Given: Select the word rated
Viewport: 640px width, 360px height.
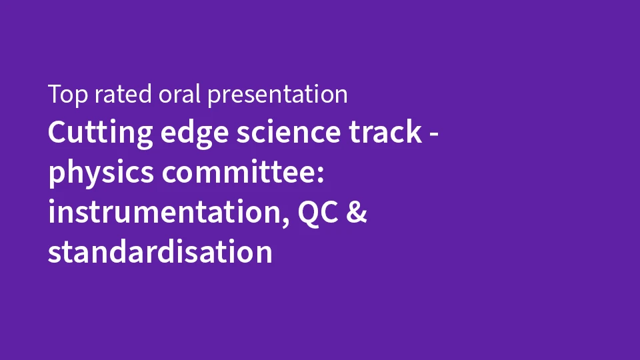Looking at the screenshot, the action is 123,94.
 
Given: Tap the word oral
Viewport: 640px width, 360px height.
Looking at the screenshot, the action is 179,94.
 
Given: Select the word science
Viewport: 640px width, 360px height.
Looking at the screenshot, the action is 289,131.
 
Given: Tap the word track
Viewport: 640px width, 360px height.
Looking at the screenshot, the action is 385,131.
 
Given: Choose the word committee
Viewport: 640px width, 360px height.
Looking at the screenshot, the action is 239,171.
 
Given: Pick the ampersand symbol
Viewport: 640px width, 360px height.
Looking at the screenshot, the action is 357,212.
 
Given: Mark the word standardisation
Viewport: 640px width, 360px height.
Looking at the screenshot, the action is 160,251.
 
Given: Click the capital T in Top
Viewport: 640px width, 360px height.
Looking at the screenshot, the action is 55,94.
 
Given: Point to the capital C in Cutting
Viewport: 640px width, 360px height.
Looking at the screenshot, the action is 57,132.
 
